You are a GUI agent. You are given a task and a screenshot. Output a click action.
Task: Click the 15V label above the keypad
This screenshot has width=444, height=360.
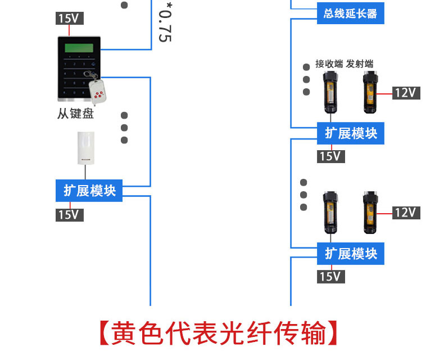(x=70, y=19)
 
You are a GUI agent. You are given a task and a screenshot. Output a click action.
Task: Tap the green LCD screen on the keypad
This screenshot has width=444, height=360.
(x=79, y=47)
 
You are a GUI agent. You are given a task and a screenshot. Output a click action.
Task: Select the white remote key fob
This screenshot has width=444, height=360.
(x=99, y=91)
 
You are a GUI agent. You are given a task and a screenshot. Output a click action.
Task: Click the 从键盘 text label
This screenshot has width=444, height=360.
(x=75, y=114)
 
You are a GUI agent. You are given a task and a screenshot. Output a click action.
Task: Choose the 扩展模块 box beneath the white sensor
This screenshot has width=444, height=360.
(x=89, y=191)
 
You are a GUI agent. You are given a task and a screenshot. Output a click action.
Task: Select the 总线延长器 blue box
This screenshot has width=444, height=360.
(x=350, y=13)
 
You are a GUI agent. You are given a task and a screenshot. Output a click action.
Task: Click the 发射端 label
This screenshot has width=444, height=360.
(x=360, y=64)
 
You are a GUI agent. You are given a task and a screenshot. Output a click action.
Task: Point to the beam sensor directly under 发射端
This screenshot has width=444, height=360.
(x=369, y=91)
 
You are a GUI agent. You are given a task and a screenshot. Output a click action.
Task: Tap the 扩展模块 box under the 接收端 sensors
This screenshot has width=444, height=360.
(x=351, y=133)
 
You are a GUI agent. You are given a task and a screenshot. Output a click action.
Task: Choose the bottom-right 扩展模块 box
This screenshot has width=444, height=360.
(x=351, y=254)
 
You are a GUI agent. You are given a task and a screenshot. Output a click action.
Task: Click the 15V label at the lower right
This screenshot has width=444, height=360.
(x=330, y=276)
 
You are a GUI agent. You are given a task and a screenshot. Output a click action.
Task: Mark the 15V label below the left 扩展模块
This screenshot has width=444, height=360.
(x=70, y=214)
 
